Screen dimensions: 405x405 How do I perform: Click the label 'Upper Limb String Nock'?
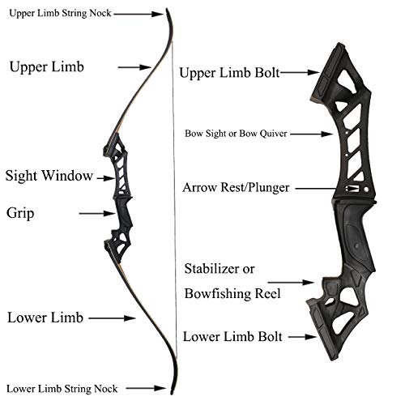(60, 13)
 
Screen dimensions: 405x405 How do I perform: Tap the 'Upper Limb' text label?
(46, 67)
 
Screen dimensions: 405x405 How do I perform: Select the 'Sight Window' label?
(49, 176)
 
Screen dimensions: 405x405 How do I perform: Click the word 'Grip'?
(20, 214)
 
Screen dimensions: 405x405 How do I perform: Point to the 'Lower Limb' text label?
(45, 318)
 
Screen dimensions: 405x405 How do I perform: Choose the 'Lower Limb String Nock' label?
(62, 389)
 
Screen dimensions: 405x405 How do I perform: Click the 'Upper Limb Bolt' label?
(229, 73)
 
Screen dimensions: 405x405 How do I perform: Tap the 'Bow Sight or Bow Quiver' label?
(236, 134)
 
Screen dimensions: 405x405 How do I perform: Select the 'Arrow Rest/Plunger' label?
(236, 188)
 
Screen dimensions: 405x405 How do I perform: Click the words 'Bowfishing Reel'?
(232, 294)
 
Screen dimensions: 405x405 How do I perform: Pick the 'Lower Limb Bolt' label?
(232, 337)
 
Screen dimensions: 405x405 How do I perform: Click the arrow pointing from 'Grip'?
(97, 214)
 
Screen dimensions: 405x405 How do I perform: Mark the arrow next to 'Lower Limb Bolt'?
(302, 337)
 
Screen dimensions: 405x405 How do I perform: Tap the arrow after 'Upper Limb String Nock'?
(139, 14)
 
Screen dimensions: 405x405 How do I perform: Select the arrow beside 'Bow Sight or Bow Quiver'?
(312, 134)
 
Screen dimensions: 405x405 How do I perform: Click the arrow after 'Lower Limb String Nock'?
(146, 389)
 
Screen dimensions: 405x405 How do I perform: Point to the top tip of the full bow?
(167, 9)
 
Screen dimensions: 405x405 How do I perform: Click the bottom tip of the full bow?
(172, 394)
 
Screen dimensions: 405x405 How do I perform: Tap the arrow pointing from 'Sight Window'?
(106, 178)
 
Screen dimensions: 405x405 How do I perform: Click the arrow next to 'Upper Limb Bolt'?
(300, 72)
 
